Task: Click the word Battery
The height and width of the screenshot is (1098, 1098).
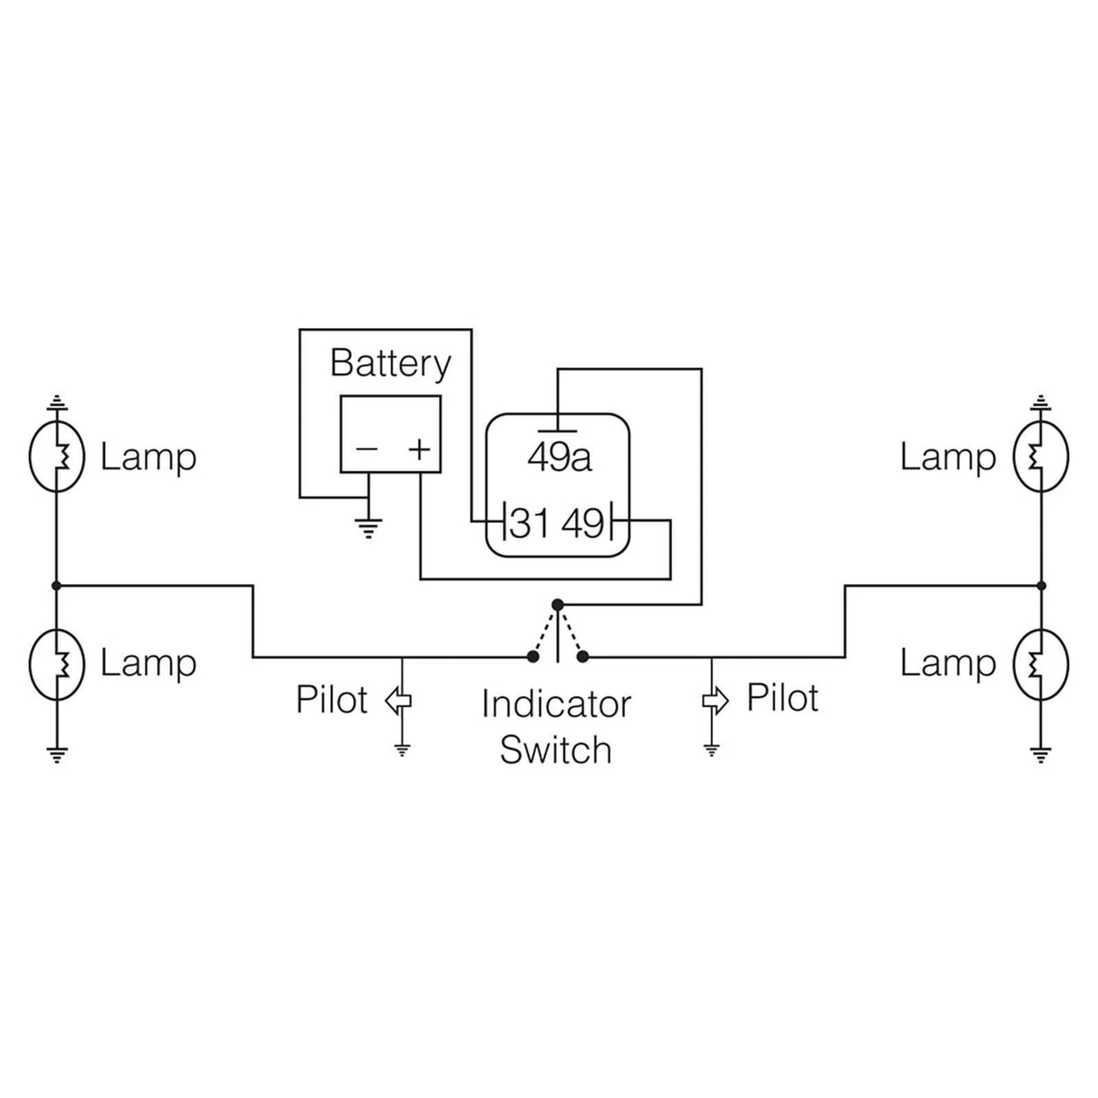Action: [390, 364]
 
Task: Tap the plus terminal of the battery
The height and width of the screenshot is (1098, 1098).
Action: [419, 449]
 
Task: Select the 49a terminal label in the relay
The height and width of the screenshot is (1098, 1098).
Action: [559, 458]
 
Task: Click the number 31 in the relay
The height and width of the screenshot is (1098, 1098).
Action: [529, 523]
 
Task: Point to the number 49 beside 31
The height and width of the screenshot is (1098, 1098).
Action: [582, 523]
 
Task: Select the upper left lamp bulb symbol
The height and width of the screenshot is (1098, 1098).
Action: [56, 457]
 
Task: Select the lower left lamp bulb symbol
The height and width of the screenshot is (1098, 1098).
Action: [56, 665]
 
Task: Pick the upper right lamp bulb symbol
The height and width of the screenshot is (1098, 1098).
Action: [1041, 457]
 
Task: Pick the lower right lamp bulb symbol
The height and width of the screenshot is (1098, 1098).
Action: [1041, 665]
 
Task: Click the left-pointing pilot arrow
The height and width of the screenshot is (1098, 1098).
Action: [399, 699]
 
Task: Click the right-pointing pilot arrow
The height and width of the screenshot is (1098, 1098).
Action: [715, 699]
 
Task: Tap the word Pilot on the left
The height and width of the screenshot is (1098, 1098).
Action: [331, 700]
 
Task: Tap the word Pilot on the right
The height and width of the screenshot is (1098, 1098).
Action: [782, 698]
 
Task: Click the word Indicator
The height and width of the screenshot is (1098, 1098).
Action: [555, 705]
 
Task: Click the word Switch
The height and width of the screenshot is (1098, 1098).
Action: [555, 751]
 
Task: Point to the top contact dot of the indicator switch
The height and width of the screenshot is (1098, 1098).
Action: [557, 603]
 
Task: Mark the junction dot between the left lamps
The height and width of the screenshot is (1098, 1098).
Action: [56, 586]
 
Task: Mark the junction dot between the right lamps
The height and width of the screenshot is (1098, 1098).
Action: [1041, 586]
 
